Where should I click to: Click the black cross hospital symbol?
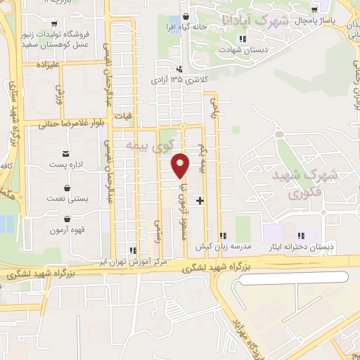click(x=200, y=200)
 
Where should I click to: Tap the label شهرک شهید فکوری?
click(x=313, y=181)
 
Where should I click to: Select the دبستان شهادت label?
click(x=241, y=51)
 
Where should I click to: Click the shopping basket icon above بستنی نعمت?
click(x=67, y=188)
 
